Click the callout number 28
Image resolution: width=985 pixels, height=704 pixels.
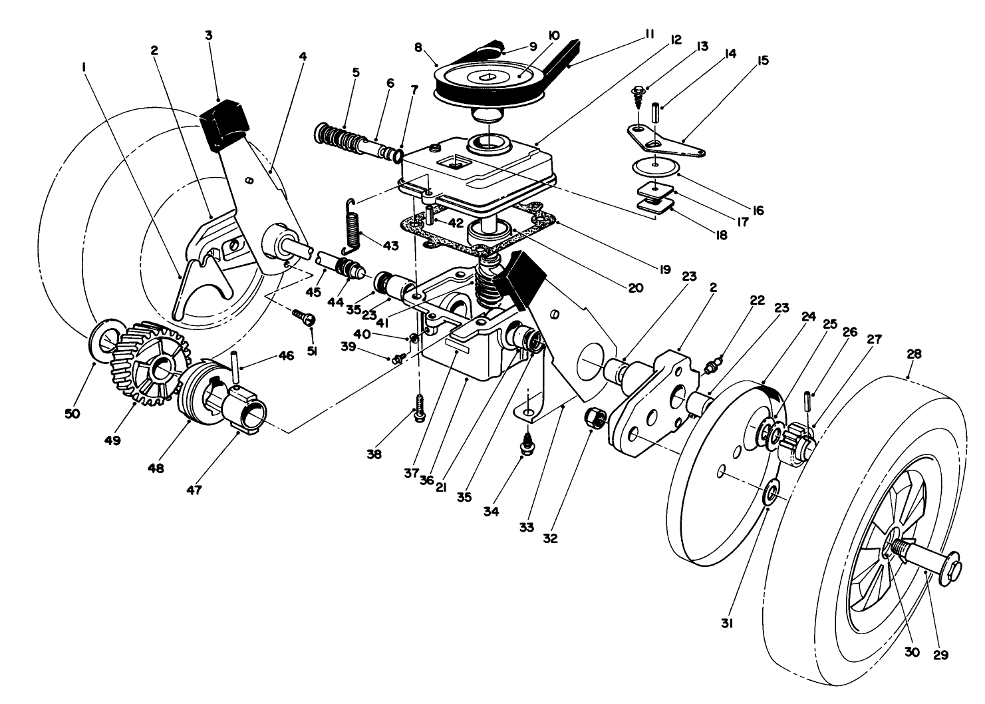[914, 355]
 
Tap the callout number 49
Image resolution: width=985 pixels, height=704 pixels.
[112, 440]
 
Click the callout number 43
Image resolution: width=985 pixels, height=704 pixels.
[390, 246]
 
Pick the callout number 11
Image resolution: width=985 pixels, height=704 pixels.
[650, 33]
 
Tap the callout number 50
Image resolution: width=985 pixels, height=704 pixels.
[72, 413]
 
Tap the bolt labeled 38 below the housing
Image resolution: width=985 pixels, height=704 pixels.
[419, 407]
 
